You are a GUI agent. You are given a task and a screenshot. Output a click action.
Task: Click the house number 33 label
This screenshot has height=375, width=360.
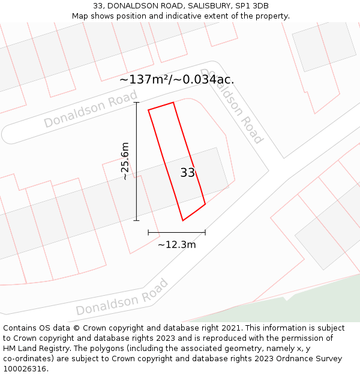click(187, 173)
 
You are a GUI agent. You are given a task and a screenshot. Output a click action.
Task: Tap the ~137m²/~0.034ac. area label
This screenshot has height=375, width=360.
click(176, 79)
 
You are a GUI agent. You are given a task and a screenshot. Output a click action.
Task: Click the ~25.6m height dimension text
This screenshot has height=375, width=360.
click(125, 161)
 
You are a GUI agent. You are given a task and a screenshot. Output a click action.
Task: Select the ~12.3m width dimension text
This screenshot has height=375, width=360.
click(176, 244)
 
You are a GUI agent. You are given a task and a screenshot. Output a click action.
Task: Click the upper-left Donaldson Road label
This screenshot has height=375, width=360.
click(91, 109)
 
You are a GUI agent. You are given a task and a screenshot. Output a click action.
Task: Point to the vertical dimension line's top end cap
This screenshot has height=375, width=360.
click(136, 103)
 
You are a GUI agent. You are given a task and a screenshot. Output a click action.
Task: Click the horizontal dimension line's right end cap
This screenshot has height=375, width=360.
click(205, 232)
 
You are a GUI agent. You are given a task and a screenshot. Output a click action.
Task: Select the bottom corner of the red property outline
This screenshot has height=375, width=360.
click(183, 220)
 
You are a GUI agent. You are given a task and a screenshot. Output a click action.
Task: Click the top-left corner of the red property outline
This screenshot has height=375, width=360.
click(148, 110)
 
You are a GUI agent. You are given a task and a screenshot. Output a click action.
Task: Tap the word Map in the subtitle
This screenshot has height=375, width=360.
click(81, 16)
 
